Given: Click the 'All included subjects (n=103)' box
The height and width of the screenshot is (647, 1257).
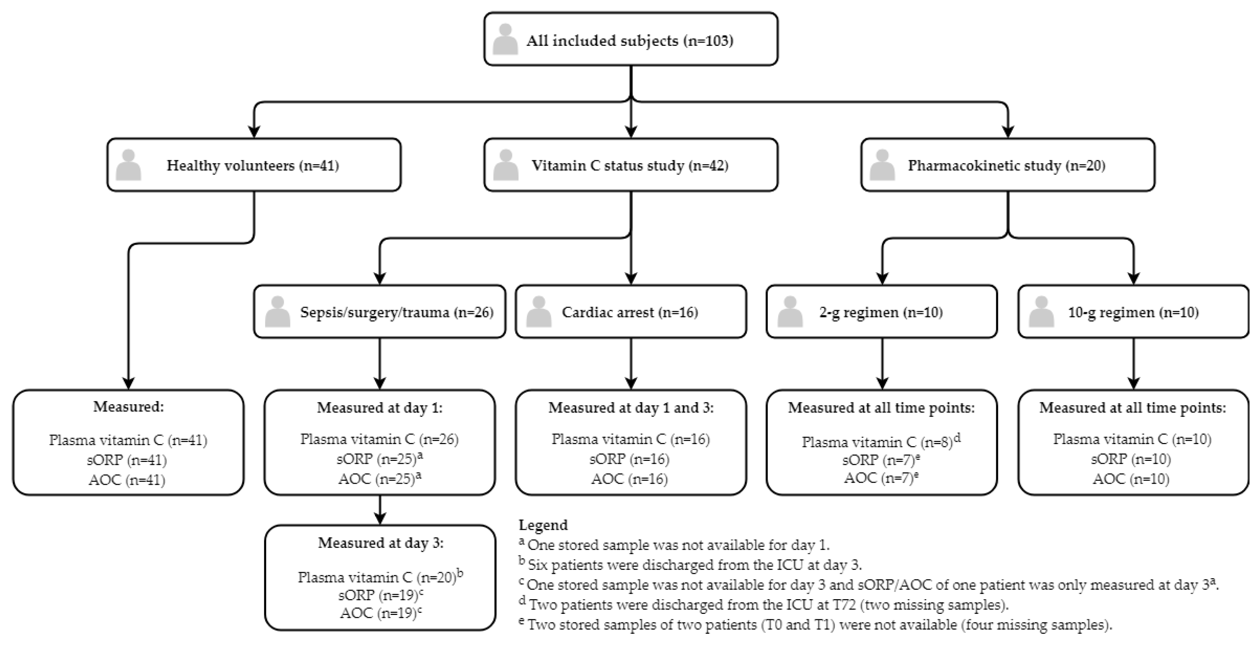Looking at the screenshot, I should coord(630,39).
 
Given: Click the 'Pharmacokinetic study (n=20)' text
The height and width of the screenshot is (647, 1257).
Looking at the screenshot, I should coord(1006,166).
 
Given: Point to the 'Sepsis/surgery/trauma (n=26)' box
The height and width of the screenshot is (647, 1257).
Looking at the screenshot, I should coord(380,312).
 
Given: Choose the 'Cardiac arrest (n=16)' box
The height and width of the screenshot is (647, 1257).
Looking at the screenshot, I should coord(630,312).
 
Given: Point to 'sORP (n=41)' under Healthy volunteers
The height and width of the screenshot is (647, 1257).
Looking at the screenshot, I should coord(128,459).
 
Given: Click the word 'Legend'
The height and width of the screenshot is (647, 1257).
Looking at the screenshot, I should coord(543,525).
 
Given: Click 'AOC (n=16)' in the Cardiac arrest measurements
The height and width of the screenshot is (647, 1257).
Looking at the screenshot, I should coord(629,479).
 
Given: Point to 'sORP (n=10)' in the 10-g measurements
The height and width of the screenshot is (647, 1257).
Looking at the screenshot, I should coord(1131,459).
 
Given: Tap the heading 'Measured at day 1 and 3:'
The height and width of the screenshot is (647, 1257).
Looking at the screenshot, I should coord(630,408).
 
